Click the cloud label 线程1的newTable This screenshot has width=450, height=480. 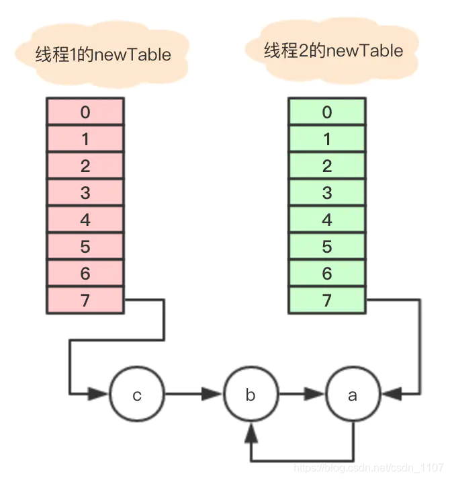coord(103,54)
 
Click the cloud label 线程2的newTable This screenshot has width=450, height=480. coord(333,50)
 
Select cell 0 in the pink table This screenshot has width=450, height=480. coord(85,112)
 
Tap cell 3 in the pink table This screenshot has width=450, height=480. coord(85,192)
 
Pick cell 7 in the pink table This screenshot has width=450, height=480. coord(85,300)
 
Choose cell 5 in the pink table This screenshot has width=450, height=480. coord(85,246)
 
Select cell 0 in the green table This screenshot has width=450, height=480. coord(327,112)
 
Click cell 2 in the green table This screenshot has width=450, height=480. coord(327,165)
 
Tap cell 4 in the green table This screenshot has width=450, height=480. coord(327,219)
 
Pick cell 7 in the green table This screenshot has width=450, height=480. coord(327,300)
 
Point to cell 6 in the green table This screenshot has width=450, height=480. coord(327,273)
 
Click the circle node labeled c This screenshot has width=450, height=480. coord(137,395)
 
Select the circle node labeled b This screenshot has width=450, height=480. coord(250,395)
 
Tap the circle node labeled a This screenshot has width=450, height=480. coord(353,395)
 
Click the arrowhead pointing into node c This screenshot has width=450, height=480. coord(102,393)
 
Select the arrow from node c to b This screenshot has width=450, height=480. coord(193,394)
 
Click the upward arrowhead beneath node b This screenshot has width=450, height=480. coord(251,430)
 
